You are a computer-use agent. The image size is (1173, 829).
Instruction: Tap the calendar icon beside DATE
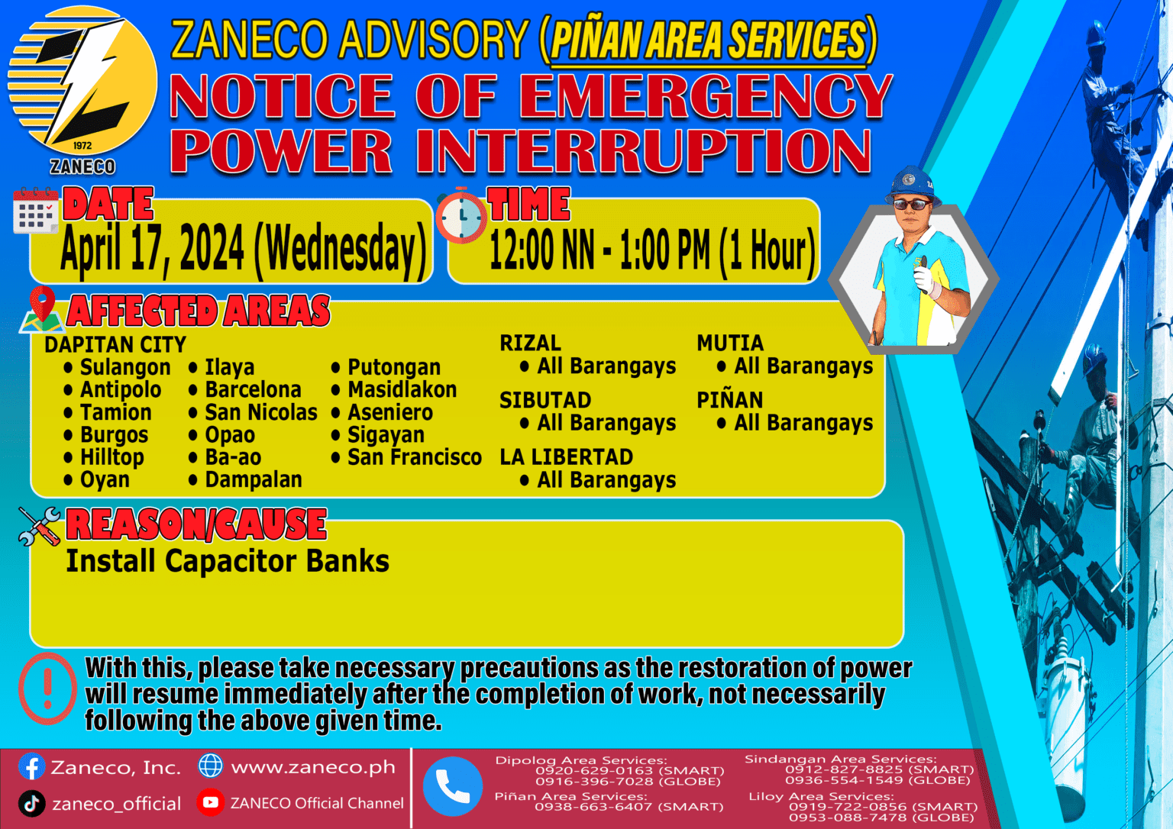click(x=35, y=211)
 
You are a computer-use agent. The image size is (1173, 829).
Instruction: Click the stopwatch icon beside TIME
click(x=461, y=216)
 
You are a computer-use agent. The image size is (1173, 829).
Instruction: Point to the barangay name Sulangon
click(x=125, y=367)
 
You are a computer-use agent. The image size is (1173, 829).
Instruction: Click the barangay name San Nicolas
click(x=260, y=412)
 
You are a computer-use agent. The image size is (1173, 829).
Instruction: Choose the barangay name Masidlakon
click(x=402, y=389)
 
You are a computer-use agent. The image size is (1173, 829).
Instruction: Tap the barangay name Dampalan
click(x=253, y=479)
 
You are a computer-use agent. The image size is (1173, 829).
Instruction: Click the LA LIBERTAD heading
click(x=566, y=456)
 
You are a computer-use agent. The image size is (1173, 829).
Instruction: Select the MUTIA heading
click(x=729, y=343)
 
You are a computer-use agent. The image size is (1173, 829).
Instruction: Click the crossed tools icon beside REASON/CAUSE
click(x=40, y=526)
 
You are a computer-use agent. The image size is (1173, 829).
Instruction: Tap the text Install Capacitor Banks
click(x=228, y=561)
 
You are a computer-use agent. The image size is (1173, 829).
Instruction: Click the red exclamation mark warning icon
click(x=47, y=689)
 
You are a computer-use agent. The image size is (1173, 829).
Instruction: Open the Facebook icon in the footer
click(x=31, y=766)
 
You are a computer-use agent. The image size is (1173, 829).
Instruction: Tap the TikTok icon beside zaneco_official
click(x=31, y=803)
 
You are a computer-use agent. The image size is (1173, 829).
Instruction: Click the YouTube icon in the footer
click(x=210, y=802)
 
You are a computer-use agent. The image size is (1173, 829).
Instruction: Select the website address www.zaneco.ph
click(x=313, y=767)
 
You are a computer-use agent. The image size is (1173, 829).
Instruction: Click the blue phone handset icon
click(x=452, y=786)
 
